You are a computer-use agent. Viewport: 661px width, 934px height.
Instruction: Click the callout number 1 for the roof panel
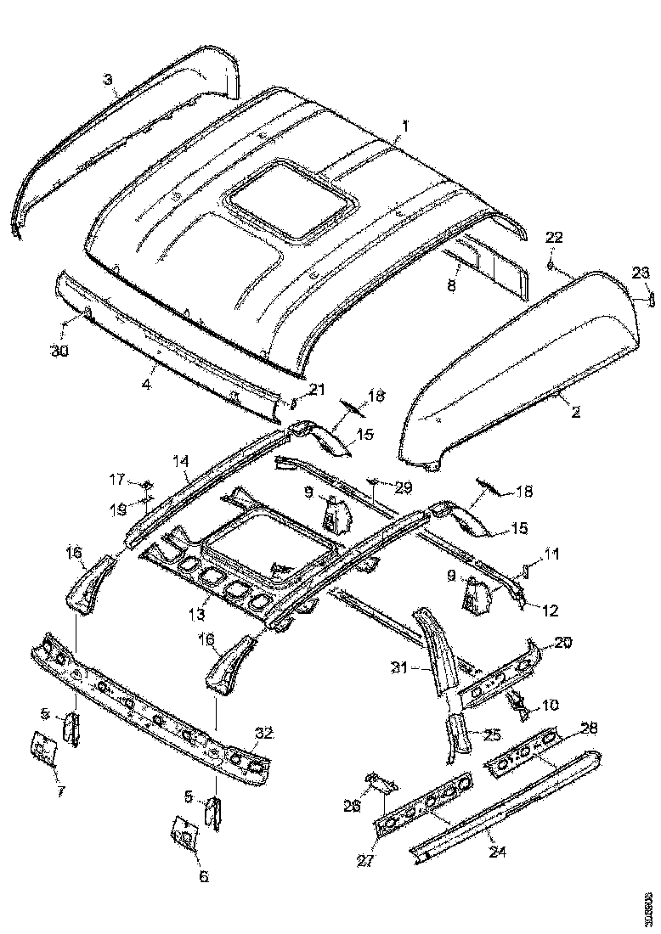click(x=405, y=125)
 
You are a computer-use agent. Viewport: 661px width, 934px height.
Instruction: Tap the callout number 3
click(x=108, y=80)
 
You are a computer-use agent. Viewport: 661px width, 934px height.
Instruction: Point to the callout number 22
click(x=553, y=238)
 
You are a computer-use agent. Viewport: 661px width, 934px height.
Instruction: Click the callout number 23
click(x=640, y=273)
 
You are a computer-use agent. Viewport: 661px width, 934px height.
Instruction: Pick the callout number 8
click(x=452, y=287)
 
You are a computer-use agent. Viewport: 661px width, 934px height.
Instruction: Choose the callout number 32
click(x=264, y=733)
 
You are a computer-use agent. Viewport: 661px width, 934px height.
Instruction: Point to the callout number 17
click(x=117, y=480)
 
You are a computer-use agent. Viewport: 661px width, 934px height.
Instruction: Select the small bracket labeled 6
click(x=183, y=832)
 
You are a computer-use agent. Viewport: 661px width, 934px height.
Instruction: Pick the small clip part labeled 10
click(x=516, y=703)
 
